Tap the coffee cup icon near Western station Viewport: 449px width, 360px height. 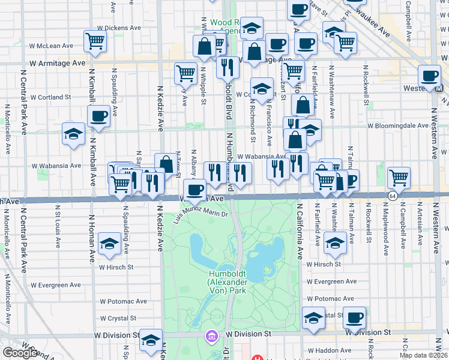click(x=429, y=76)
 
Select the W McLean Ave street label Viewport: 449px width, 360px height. click(x=51, y=46)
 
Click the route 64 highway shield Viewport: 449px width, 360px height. click(x=393, y=196)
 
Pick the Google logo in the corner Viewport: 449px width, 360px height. click(x=20, y=353)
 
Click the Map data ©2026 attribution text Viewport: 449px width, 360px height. click(x=423, y=355)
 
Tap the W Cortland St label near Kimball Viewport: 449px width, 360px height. click(x=50, y=97)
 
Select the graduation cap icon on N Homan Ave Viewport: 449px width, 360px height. click(x=109, y=243)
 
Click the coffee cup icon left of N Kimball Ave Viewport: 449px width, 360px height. click(x=98, y=116)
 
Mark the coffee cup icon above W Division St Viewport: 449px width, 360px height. click(x=354, y=317)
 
